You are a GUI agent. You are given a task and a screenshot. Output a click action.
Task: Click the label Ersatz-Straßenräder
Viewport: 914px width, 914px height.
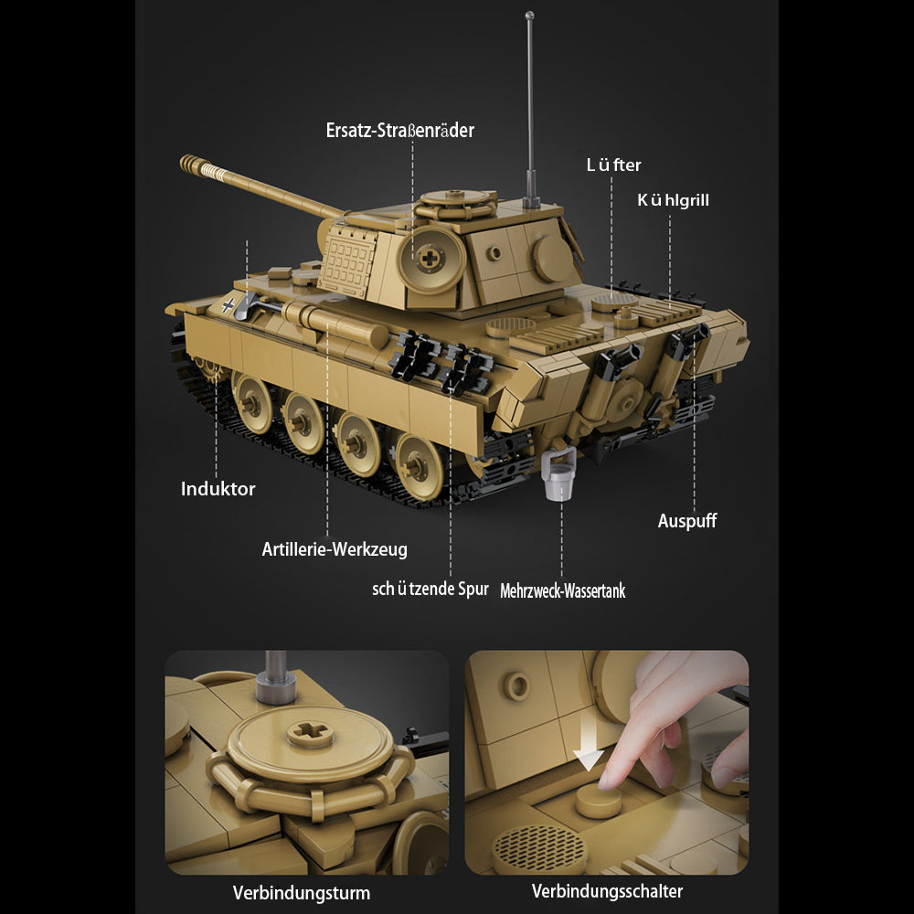pyautogui.click(x=400, y=130)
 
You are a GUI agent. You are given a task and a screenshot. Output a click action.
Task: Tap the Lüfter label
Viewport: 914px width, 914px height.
pyautogui.click(x=613, y=165)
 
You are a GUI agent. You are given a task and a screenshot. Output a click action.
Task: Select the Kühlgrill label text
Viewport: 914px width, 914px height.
pyautogui.click(x=674, y=200)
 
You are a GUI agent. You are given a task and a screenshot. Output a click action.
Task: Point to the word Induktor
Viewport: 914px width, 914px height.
pyautogui.click(x=218, y=488)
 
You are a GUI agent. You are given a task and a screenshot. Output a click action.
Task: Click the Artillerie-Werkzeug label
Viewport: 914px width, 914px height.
pyautogui.click(x=335, y=549)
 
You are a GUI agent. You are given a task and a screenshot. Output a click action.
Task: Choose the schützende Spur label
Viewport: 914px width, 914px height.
pyautogui.click(x=430, y=589)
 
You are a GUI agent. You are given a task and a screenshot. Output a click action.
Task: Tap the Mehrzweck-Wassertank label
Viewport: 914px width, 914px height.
pyautogui.click(x=562, y=590)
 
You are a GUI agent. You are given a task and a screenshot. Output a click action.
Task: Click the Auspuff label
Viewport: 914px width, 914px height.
pyautogui.click(x=687, y=521)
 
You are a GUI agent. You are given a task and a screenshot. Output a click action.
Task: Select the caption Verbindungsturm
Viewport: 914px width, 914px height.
pyautogui.click(x=302, y=892)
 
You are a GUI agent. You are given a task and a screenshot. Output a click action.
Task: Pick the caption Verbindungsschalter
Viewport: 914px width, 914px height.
pyautogui.click(x=607, y=890)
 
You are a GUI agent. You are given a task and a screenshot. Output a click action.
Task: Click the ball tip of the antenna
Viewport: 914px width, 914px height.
pyautogui.click(x=529, y=16)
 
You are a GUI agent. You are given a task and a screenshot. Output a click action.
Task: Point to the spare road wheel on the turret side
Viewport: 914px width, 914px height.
pyautogui.click(x=431, y=260)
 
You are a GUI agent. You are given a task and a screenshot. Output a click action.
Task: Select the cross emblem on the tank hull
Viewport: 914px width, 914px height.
pyautogui.click(x=228, y=305)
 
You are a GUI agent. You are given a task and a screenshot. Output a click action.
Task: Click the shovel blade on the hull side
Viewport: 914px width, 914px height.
pyautogui.click(x=245, y=307)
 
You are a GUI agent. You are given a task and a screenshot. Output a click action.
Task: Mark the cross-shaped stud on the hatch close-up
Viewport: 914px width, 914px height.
pyautogui.click(x=311, y=732)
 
